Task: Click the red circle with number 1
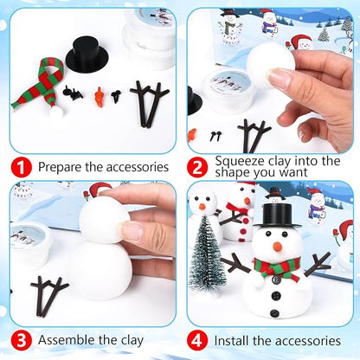click(22, 164)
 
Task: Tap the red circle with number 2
click(199, 164)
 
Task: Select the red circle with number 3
click(22, 340)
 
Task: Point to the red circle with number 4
click(199, 340)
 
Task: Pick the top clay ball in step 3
click(104, 222)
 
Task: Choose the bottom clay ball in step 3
click(100, 270)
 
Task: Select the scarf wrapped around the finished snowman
click(277, 267)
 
